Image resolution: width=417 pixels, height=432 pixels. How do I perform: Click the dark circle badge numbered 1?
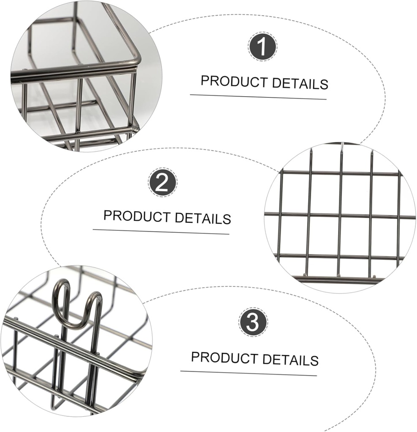262,47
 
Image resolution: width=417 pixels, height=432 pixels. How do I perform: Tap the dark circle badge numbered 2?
162,182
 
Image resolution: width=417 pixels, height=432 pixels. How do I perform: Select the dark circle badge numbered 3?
253,322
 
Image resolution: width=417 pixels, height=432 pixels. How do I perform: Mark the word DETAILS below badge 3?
290,360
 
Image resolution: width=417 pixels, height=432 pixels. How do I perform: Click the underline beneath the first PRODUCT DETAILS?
258,97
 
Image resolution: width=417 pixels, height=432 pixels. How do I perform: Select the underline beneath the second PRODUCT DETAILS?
161,232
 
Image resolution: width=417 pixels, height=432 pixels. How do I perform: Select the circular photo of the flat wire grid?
340,218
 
